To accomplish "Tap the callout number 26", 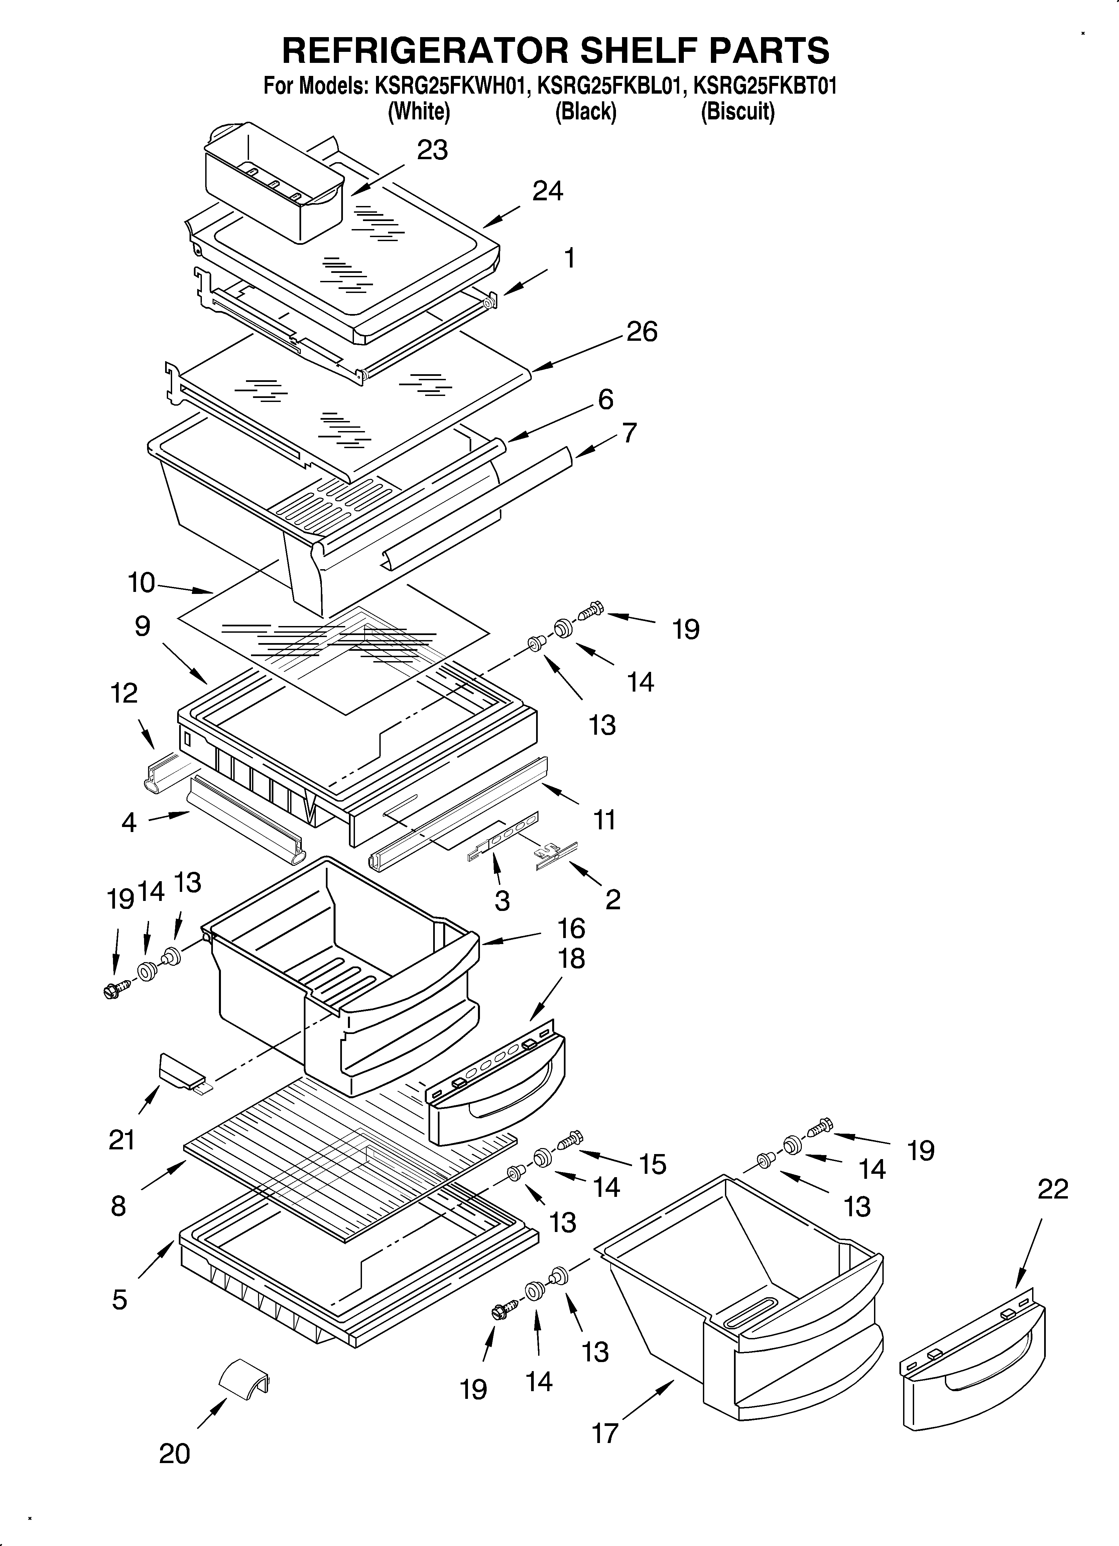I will pyautogui.click(x=641, y=332).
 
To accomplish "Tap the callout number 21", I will pyautogui.click(x=122, y=1140).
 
